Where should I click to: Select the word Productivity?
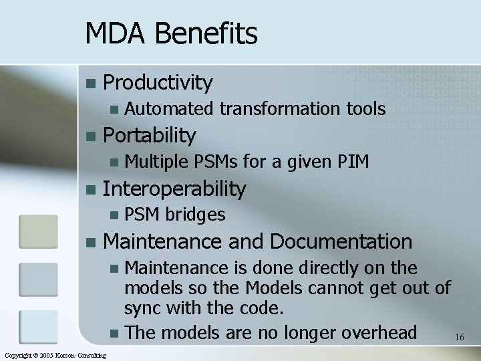(158, 83)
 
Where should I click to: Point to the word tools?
(365, 108)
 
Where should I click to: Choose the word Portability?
(150, 136)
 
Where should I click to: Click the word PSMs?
(217, 161)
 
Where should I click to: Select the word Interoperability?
(175, 189)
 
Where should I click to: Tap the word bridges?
(195, 215)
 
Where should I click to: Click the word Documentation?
(341, 241)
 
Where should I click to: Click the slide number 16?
(459, 338)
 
